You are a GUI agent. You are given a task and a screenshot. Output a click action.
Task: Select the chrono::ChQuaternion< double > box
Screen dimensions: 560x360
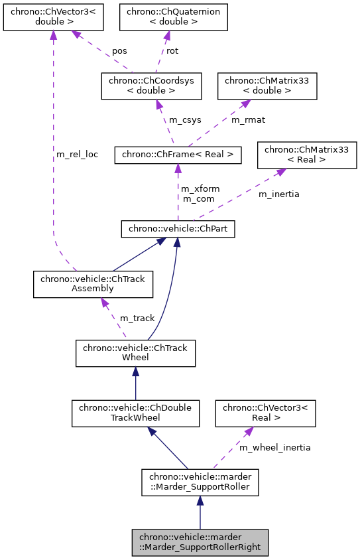pos(173,17)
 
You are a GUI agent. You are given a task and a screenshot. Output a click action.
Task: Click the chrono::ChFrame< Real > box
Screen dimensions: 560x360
pos(177,155)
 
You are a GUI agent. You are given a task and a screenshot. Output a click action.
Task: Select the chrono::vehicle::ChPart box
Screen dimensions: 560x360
pos(178,230)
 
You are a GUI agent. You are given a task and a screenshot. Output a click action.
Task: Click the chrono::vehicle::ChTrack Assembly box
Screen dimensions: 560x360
pos(93,284)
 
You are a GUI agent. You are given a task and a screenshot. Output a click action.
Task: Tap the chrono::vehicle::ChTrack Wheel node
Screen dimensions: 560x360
pos(135,353)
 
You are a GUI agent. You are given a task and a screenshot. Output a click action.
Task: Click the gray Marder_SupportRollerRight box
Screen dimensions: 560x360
pos(200,542)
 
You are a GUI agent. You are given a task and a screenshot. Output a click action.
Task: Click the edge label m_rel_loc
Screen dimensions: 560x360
pos(78,155)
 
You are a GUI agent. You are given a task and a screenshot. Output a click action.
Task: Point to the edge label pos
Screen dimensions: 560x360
pos(119,50)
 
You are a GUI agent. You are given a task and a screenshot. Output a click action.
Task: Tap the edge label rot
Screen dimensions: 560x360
pos(172,50)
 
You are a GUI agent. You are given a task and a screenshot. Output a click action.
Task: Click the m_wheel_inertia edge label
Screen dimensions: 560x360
pos(274,447)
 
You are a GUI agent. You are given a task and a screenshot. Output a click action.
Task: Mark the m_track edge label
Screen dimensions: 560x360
pos(137,318)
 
